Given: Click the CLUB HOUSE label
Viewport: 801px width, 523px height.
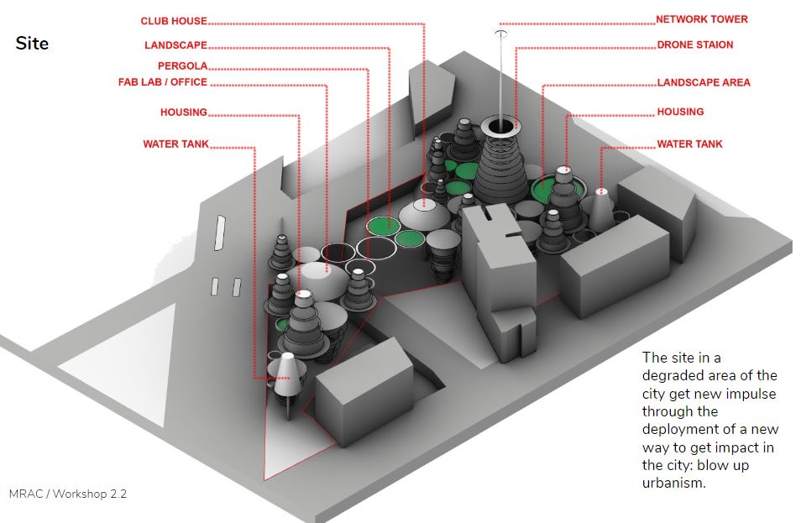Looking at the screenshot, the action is pos(174,21).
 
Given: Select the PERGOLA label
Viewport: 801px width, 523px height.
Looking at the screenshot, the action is pos(182,65).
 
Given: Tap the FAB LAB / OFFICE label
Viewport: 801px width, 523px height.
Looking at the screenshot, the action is pos(162,82).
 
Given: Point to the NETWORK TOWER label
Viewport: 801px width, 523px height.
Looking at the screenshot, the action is pos(701,19).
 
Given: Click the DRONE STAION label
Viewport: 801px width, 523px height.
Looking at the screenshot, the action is pos(694,45).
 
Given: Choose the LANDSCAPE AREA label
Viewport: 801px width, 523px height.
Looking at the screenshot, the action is pos(704,82).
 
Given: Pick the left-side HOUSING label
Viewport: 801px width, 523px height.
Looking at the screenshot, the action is pos(183,112).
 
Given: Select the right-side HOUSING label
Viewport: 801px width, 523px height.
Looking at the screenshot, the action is pos(680,112).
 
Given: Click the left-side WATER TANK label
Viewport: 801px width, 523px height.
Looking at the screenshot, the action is pos(175,144).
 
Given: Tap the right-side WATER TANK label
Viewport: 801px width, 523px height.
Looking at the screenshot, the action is pos(689,144).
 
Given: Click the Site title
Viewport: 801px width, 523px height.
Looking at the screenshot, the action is pos(32,44).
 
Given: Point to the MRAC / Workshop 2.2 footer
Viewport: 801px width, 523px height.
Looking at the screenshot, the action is pos(67,494).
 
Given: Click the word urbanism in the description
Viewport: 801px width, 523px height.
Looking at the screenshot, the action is pos(673,483).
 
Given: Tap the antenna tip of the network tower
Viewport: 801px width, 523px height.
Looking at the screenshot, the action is pos(501,34).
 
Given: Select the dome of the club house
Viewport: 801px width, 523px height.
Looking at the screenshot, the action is pos(425,214).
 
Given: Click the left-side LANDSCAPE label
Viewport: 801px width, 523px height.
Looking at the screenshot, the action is pos(175,45).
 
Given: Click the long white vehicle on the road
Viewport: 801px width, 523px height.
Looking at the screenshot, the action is pos(220,233).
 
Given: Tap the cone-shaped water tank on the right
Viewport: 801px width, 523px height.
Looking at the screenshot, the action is pos(601,208).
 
